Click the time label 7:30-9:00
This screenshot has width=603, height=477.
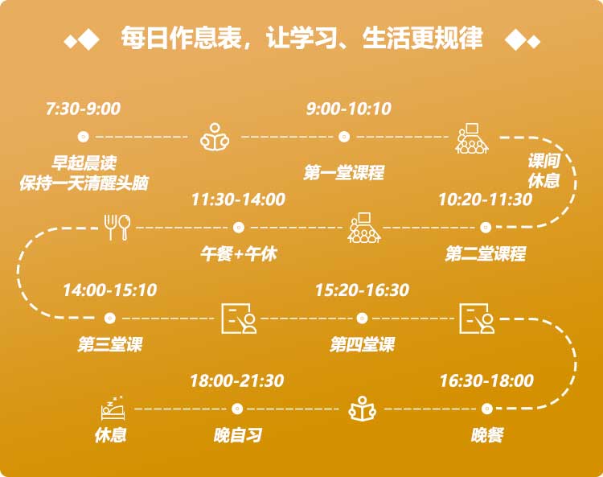pos(83,109)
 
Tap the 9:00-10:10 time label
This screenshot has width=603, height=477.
pos(349,109)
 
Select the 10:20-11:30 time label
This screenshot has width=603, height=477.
pos(486,199)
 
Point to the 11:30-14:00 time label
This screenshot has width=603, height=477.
pos(238,199)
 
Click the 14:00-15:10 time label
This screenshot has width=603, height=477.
pos(110,290)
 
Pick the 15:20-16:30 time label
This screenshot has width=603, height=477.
pos(362,290)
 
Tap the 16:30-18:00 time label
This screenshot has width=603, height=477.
pos(486,380)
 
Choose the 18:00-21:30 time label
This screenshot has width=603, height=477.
pos(237,380)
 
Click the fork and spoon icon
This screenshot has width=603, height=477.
pos(117,228)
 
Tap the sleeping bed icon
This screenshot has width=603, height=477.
pos(113,408)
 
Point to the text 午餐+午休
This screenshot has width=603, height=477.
pos(239,254)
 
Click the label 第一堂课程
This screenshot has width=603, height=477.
pos(344,172)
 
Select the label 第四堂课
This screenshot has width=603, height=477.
pos(362,344)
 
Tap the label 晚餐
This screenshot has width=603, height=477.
pos(487,435)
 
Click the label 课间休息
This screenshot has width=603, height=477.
pos(543,171)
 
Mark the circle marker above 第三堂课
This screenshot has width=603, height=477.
pos(110,318)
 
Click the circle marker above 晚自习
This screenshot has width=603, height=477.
pos(237,409)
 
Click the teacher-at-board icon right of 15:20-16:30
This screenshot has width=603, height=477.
pos(477,318)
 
